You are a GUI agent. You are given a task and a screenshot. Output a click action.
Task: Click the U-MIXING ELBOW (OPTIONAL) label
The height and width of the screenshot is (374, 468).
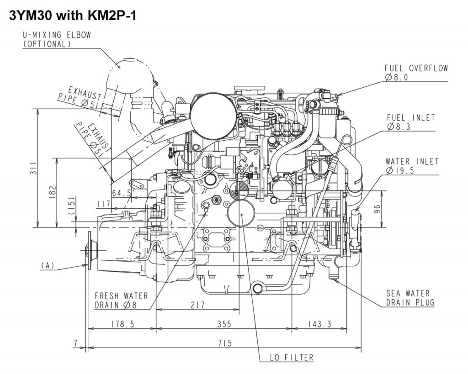click(x=57, y=39)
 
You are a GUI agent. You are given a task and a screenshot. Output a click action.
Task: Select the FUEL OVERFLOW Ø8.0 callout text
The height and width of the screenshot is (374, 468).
click(x=416, y=73)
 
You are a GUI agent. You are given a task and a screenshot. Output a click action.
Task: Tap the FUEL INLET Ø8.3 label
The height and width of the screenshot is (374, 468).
click(x=411, y=122)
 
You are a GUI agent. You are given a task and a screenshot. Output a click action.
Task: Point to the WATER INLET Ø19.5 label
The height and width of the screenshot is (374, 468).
click(x=412, y=166)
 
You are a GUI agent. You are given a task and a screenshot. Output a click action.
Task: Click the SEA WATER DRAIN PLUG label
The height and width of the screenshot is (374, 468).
click(x=410, y=298)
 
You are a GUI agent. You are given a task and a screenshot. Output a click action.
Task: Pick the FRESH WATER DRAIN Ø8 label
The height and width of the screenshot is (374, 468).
click(x=121, y=300)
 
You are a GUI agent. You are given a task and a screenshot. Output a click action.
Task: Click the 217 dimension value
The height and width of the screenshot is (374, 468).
click(x=197, y=305)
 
